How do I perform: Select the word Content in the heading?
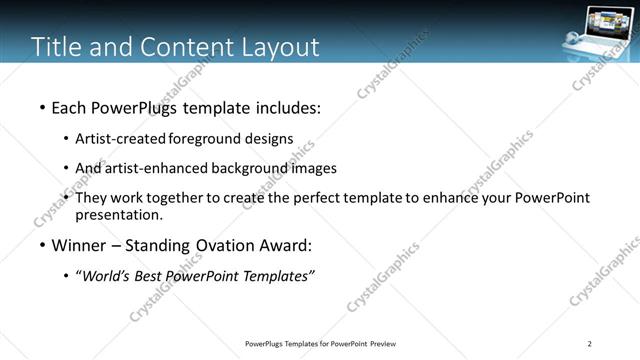(x=179, y=47)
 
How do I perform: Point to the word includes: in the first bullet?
(x=286, y=106)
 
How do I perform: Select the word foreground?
(x=204, y=138)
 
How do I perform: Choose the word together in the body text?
(x=175, y=198)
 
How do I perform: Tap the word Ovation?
(x=222, y=246)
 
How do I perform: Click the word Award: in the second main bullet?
(x=288, y=246)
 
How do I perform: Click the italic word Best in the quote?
(x=155, y=277)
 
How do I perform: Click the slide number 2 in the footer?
(x=590, y=344)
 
